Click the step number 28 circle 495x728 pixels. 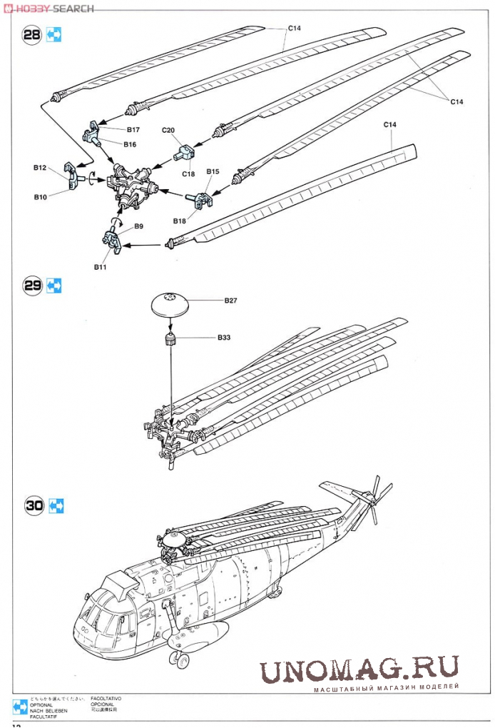coord(32,35)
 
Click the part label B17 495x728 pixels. coord(133,130)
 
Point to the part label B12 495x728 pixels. coord(39,168)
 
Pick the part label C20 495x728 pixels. coord(168,130)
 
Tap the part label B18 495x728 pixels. coord(178,221)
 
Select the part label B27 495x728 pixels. coord(230,300)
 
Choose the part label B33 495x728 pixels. coord(225,336)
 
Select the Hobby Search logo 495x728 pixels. coord(49,8)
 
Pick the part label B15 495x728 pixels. coord(213,171)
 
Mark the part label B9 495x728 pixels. coord(138,226)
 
